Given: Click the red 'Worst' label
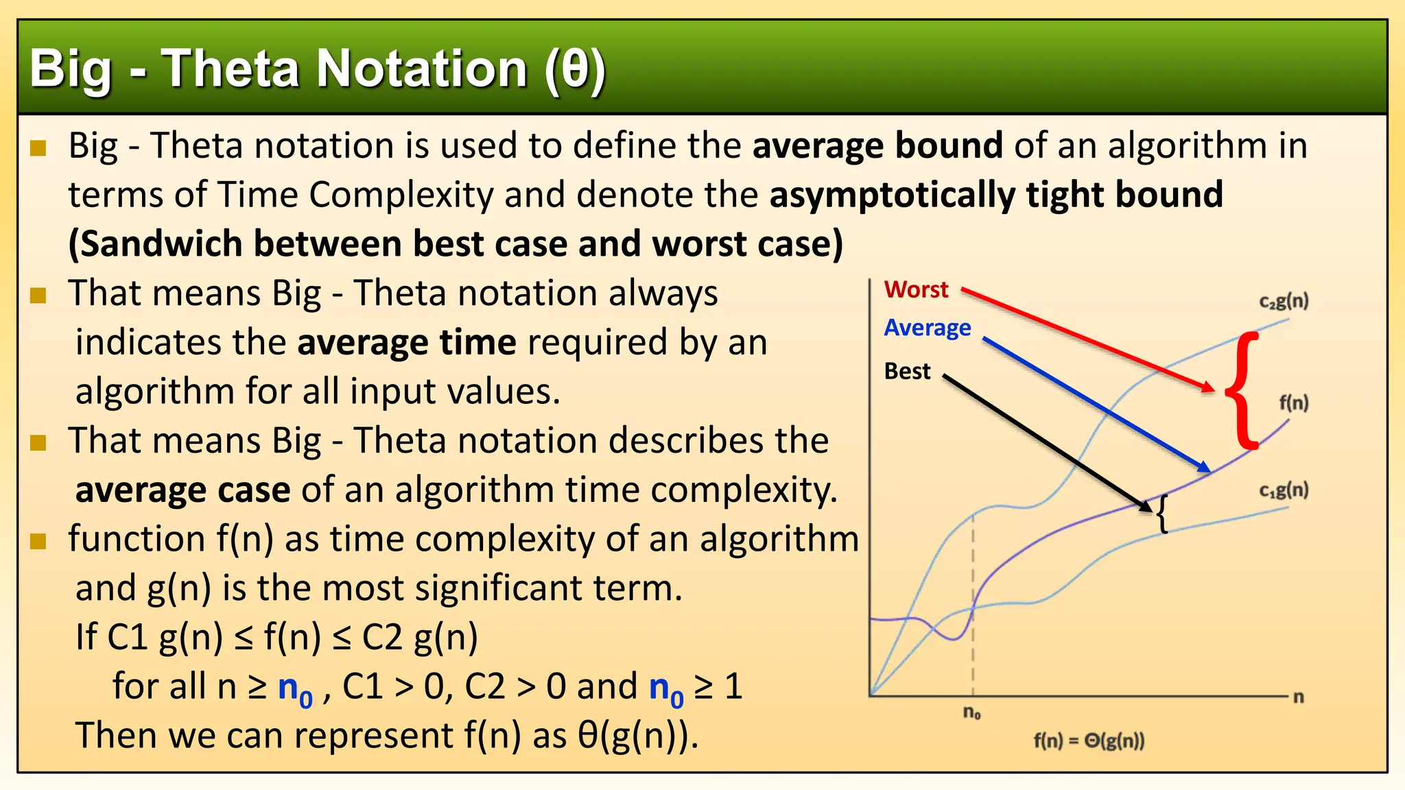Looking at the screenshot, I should pyautogui.click(x=916, y=289).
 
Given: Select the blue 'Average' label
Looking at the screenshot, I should pyautogui.click(x=927, y=328).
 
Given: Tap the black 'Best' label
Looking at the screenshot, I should pyautogui.click(x=907, y=371).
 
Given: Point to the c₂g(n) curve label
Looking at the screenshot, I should pyautogui.click(x=1284, y=301).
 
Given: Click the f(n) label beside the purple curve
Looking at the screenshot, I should pyautogui.click(x=1294, y=403).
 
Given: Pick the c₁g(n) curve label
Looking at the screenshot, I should pyautogui.click(x=1284, y=490).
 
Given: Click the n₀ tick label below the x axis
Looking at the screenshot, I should pyautogui.click(x=972, y=713).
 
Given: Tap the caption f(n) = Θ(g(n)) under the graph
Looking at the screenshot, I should pyautogui.click(x=1089, y=741).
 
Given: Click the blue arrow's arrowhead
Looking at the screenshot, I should pyautogui.click(x=1204, y=467).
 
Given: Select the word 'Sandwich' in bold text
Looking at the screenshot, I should pyautogui.click(x=156, y=244).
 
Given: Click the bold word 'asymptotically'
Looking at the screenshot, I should pyautogui.click(x=892, y=195).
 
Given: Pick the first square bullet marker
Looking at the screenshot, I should pyautogui.click(x=38, y=147).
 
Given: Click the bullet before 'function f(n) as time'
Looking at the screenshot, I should pyautogui.click(x=38, y=541).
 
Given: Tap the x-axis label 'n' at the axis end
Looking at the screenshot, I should pyautogui.click(x=1298, y=697).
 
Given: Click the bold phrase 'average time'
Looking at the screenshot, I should pyautogui.click(x=406, y=342).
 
